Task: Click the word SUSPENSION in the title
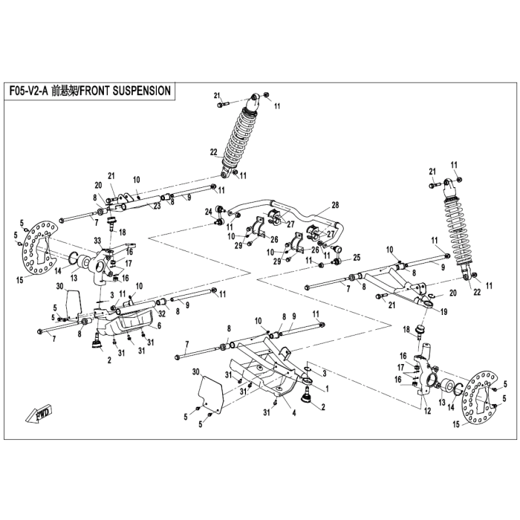143,91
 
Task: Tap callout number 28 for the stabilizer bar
335,205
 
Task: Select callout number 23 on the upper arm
157,206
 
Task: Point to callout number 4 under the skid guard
294,412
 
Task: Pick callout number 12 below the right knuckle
428,411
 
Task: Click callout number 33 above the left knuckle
97,240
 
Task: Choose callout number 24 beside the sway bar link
208,211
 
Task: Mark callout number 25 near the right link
357,257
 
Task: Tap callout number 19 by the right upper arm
443,311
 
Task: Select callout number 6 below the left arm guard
159,326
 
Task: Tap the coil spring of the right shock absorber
459,230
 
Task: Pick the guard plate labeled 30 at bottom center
210,394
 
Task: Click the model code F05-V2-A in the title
29,91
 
